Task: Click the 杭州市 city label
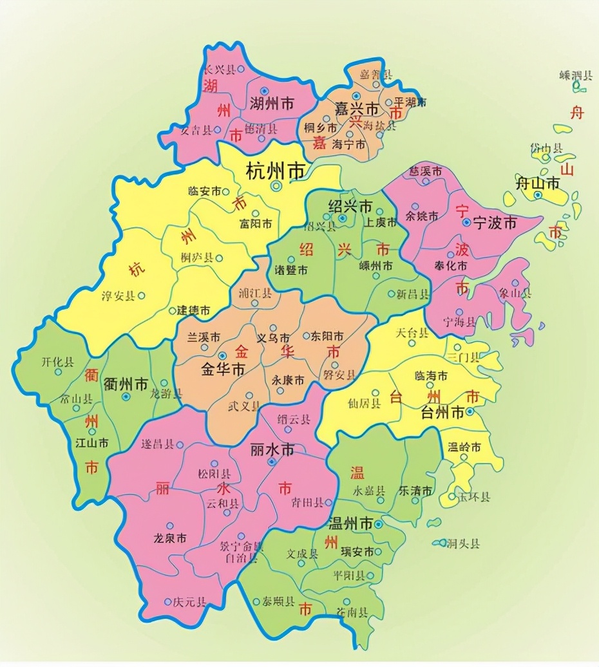tap(276, 171)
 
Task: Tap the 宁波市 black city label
tap(495, 223)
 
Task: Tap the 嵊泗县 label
tap(575, 75)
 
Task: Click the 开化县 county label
tap(57, 362)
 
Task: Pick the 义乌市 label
tap(273, 337)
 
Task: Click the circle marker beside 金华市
tap(223, 355)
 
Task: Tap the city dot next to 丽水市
tap(272, 462)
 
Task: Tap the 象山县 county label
tap(516, 294)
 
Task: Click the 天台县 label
tap(412, 333)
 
